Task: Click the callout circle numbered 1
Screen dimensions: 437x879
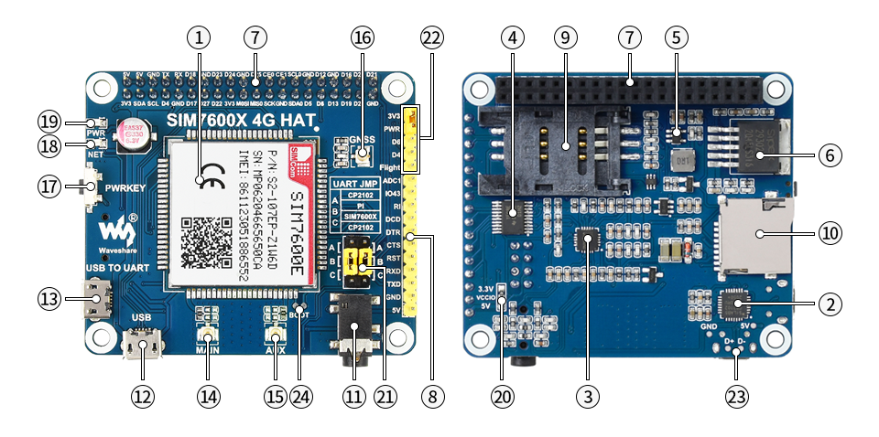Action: [198, 37]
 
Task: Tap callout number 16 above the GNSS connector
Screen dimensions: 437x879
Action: [363, 37]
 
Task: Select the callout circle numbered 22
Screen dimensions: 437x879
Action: [431, 37]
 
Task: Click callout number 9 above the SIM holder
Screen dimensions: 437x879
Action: [565, 37]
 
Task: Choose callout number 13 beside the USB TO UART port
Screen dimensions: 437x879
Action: [50, 297]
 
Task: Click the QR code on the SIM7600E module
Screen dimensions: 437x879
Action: [203, 237]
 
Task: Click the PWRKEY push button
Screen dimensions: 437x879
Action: [93, 189]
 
